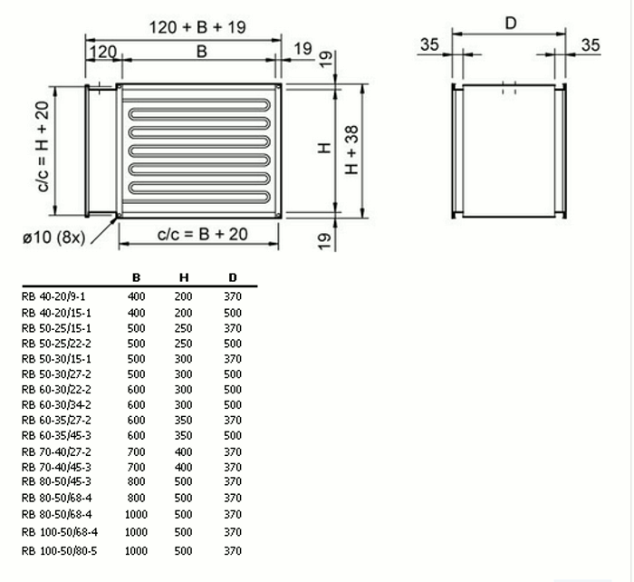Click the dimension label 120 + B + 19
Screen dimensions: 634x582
pos(197,27)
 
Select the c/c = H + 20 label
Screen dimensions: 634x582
pos(43,147)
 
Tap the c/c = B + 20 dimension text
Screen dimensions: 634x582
pos(202,234)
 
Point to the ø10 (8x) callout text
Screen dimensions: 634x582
pos(53,238)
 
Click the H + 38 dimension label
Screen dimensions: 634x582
pos(351,150)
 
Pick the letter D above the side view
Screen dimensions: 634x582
pos(511,24)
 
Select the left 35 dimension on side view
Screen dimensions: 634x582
pos(429,44)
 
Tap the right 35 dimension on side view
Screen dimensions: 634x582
pos(591,45)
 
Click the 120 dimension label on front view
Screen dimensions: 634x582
pos(102,53)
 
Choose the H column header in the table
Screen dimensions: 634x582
pos(184,277)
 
